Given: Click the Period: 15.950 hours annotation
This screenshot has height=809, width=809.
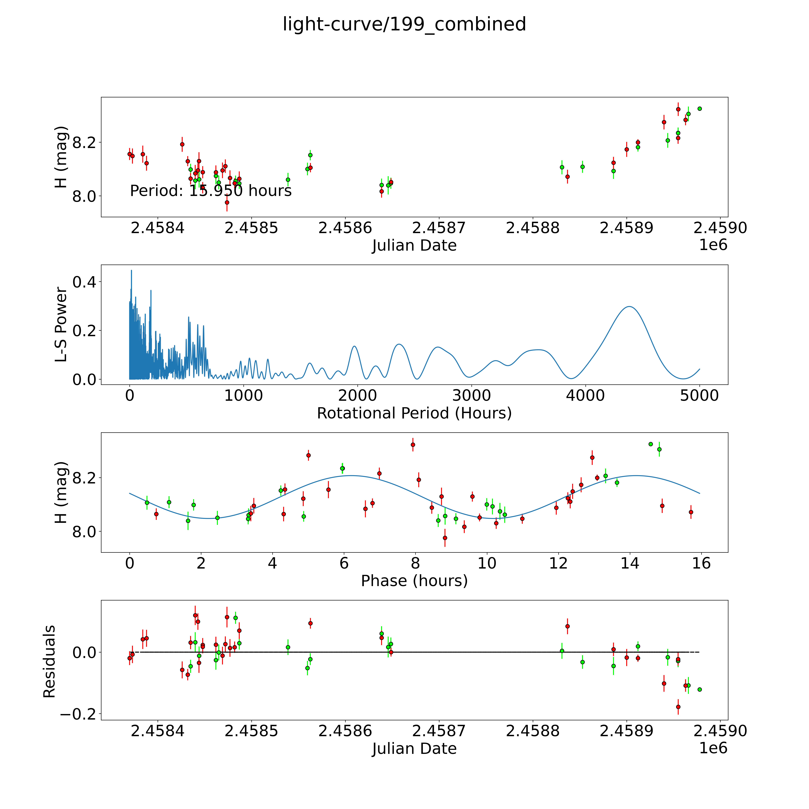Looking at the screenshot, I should point(211,191).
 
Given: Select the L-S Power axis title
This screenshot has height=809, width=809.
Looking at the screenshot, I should point(61,324).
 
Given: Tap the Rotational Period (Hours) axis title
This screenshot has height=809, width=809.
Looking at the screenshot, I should point(414,413).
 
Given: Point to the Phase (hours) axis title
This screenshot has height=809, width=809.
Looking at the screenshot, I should point(414,581).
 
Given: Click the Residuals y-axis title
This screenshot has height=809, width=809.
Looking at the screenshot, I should point(49,662).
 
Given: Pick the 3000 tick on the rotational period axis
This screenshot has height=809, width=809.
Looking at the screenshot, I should point(471,396).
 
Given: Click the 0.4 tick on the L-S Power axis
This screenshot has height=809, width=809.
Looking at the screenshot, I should point(84,282).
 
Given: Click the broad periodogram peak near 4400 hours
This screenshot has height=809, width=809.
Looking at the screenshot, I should point(629,307).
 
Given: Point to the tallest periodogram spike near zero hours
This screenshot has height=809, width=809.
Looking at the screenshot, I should point(132,271).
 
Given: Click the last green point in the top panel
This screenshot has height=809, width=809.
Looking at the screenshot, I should point(699,108).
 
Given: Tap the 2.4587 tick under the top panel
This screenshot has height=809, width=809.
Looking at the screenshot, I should point(438,228).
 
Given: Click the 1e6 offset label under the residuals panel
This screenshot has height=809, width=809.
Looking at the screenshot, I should point(713,748).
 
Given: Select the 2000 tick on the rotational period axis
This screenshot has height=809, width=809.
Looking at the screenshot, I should point(358,396).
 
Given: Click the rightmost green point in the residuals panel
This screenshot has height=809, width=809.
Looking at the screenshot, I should point(699,689).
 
